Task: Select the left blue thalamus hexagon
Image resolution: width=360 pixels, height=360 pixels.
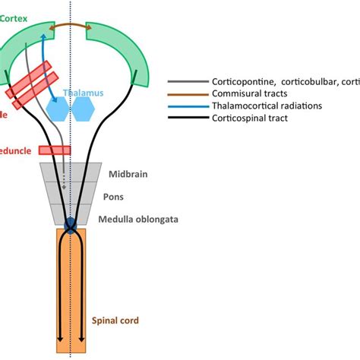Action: point(60,108)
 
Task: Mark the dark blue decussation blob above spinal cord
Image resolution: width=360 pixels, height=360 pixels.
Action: point(71,226)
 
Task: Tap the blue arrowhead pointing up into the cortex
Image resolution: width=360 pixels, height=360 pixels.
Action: point(44,36)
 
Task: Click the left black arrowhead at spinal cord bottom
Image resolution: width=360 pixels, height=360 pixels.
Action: point(58,340)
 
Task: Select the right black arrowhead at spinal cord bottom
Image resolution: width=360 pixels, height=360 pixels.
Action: point(82,340)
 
